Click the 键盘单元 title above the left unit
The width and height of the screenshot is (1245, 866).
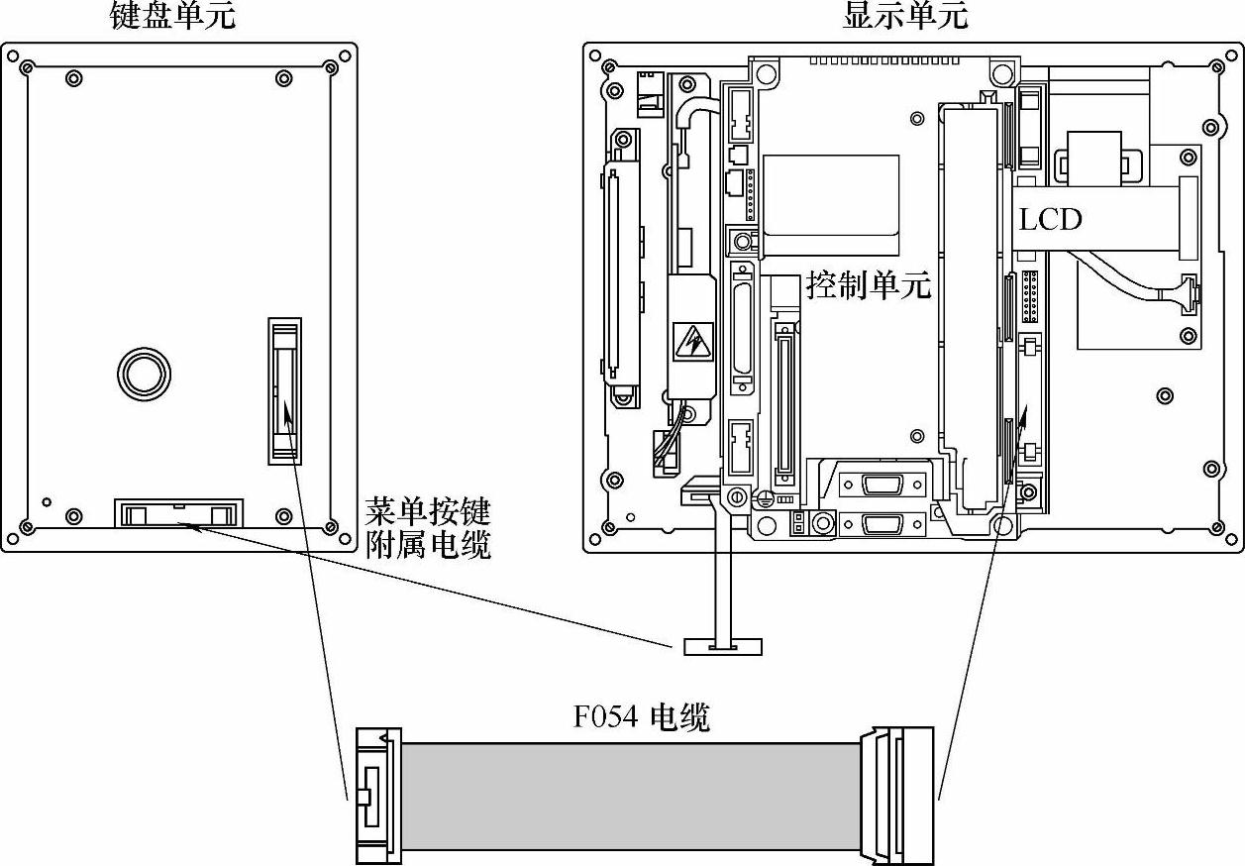172,17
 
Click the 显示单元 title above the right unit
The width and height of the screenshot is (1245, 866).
904,17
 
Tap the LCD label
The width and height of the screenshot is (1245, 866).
1051,218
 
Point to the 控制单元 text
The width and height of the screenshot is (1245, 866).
869,286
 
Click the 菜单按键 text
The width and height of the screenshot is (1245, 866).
428,512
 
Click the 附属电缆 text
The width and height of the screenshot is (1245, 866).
428,544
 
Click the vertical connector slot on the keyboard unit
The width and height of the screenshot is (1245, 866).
284,390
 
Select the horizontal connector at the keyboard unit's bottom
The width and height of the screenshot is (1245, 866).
178,513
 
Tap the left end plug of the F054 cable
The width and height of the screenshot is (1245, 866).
376,796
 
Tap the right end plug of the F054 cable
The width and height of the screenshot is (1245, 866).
897,795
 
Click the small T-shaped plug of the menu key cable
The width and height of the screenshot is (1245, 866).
722,646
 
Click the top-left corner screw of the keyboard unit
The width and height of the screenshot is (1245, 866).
26,67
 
